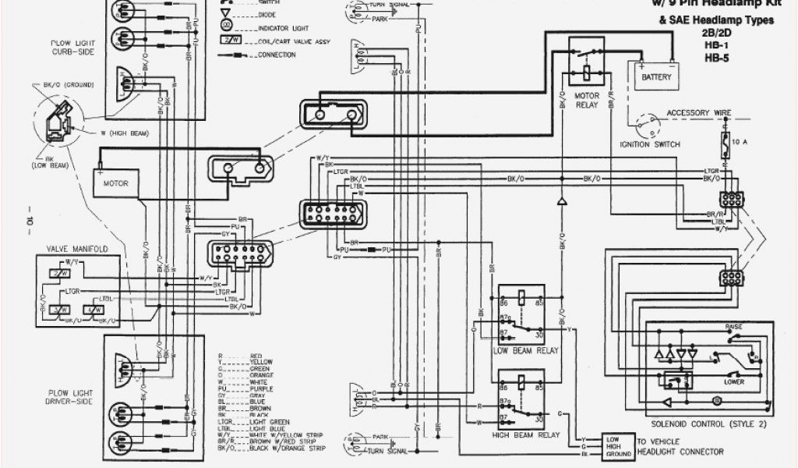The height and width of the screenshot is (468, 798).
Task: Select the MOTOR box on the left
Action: coord(115,183)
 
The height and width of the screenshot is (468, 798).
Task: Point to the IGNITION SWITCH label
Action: coord(649,145)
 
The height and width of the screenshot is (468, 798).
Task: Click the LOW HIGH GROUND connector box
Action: coord(617,445)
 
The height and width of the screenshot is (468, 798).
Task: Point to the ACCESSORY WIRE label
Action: coord(698,113)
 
